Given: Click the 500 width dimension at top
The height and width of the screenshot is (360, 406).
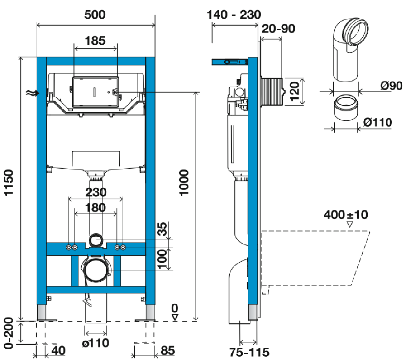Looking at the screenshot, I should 95,15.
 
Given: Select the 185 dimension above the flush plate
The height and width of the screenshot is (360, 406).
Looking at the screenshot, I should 95,41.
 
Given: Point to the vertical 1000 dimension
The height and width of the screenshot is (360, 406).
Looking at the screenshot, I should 185,183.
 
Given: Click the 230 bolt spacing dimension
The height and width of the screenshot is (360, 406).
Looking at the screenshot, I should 96,192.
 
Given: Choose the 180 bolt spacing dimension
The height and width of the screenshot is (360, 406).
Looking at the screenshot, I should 96,208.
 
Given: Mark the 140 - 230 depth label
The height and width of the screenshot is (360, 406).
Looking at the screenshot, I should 234,15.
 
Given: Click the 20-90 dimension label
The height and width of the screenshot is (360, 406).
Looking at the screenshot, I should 278,28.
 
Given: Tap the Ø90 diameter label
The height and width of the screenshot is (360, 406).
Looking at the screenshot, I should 391,86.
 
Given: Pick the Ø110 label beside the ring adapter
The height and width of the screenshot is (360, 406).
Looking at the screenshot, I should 378,122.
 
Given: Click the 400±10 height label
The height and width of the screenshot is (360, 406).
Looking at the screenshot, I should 346,215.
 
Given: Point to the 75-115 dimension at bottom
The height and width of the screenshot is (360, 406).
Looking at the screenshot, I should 250,352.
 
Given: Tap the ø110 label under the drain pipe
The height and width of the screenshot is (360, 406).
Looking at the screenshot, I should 96,342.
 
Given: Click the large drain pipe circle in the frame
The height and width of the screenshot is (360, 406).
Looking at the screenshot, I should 96,270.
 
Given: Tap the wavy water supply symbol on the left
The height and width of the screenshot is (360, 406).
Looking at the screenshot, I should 30,93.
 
